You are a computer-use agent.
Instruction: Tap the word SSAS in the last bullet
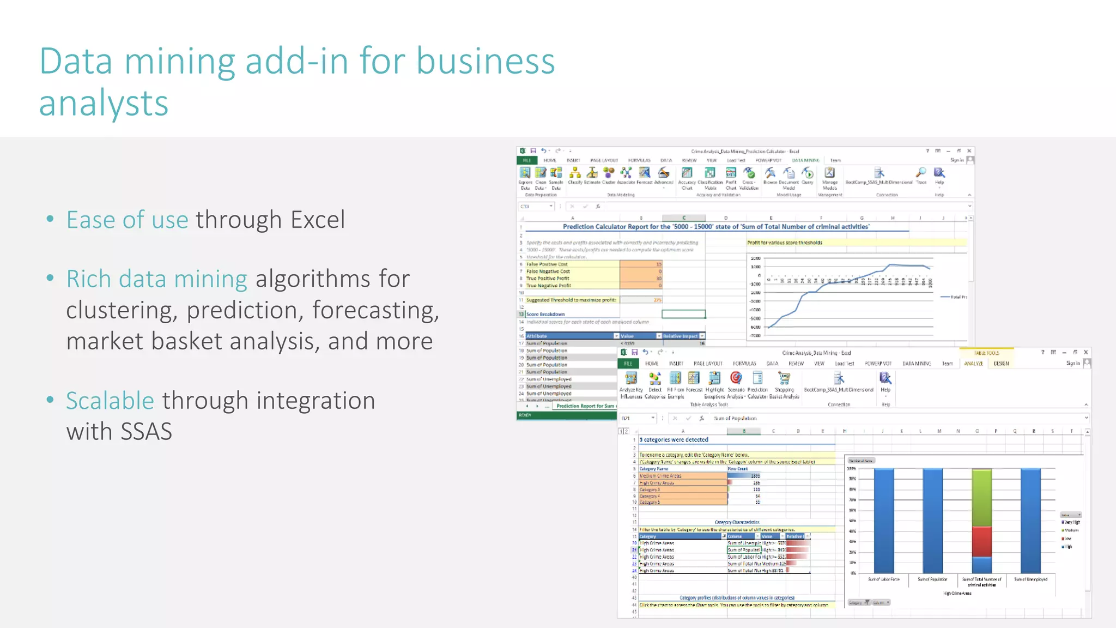tap(146, 432)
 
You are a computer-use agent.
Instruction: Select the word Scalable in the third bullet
tap(110, 401)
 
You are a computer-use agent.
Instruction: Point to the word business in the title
tap(485, 61)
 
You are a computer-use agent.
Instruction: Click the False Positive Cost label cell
tap(547, 264)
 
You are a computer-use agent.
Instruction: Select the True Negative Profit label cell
tap(549, 286)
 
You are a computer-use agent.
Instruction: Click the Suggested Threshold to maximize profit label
tap(571, 300)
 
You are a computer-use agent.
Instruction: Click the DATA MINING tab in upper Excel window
tap(805, 160)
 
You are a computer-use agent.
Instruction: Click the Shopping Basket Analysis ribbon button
tap(784, 385)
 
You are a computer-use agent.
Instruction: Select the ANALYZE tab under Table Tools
tap(974, 364)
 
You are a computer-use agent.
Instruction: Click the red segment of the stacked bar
tap(981, 541)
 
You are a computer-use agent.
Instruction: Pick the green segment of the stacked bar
tap(981, 497)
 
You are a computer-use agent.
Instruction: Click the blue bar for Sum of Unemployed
tap(1030, 521)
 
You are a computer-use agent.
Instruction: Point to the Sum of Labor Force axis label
tap(883, 579)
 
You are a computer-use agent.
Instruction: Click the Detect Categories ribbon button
tap(655, 384)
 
